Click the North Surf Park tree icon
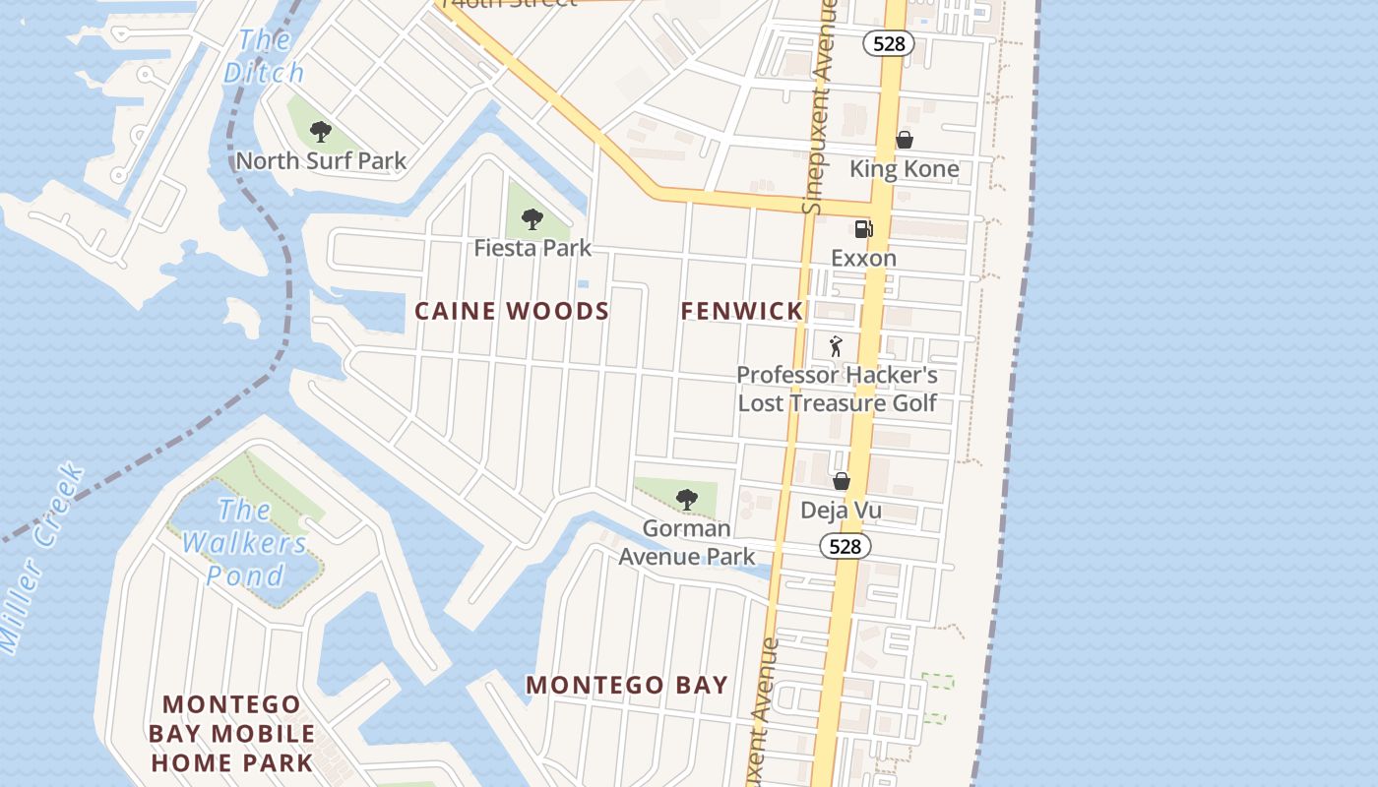320,131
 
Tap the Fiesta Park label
532,248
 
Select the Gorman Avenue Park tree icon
687,499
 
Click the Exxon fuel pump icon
863,229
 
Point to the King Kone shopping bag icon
905,141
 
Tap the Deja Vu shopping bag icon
842,481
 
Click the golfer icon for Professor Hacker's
837,346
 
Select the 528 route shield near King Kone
889,43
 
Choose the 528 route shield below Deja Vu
846,547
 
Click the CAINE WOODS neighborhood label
512,312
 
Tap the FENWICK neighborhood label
742,312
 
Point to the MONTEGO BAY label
627,685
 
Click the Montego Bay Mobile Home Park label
231,733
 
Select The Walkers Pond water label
245,542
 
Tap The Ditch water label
264,56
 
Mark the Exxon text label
863,259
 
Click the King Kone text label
904,169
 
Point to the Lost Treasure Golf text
837,402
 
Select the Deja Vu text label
841,511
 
